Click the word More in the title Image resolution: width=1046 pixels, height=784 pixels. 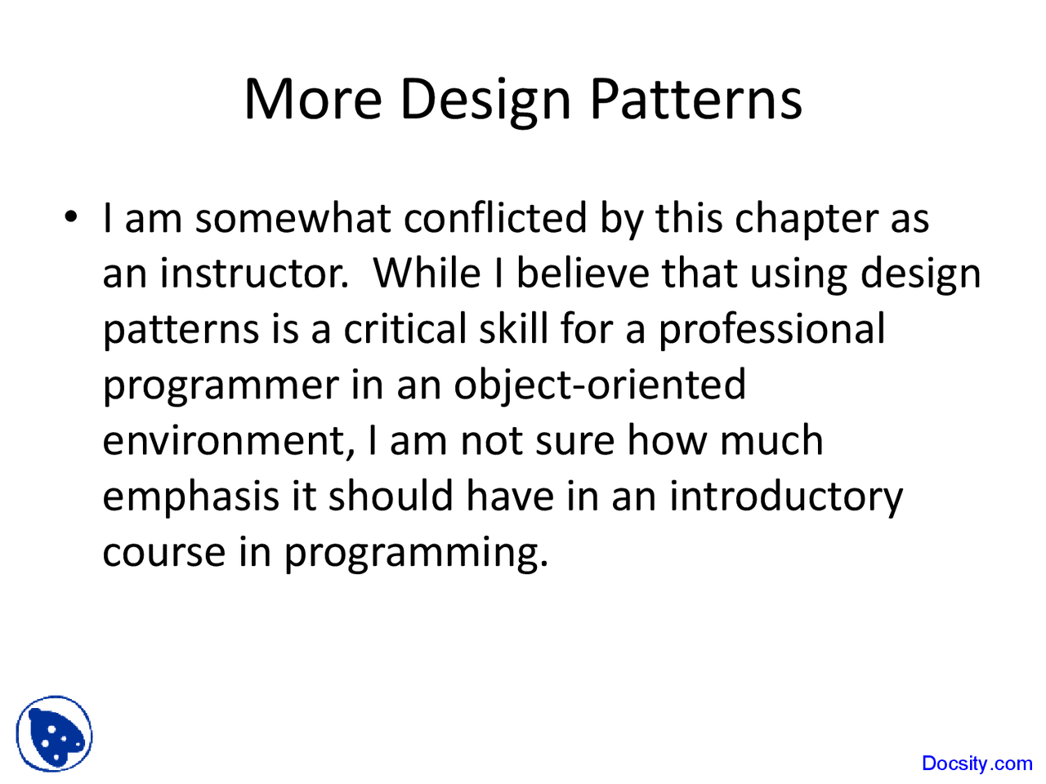tap(313, 99)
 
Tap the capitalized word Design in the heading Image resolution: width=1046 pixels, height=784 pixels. tap(485, 100)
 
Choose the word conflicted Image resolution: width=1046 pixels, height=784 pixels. tap(495, 219)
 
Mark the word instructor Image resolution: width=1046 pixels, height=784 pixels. tap(253, 274)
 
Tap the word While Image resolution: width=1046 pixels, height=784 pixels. tap(427, 273)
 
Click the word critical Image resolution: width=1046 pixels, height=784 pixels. tap(404, 329)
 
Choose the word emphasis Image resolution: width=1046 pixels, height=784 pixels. tap(190, 497)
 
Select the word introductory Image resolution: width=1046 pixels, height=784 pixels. tap(786, 497)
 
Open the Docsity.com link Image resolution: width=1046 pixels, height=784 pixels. tap(977, 764)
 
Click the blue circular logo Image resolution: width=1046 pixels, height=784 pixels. tap(55, 734)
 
